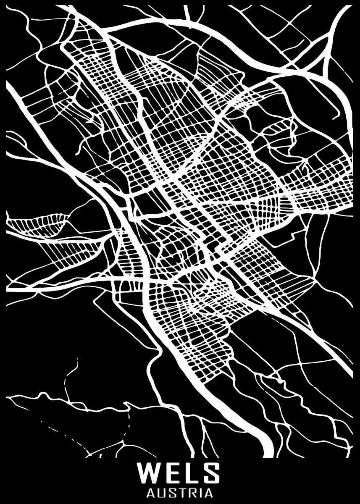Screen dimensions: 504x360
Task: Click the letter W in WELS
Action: pos(150,474)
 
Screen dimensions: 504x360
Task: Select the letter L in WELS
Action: pos(189,474)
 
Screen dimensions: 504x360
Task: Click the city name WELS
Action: pos(180,474)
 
